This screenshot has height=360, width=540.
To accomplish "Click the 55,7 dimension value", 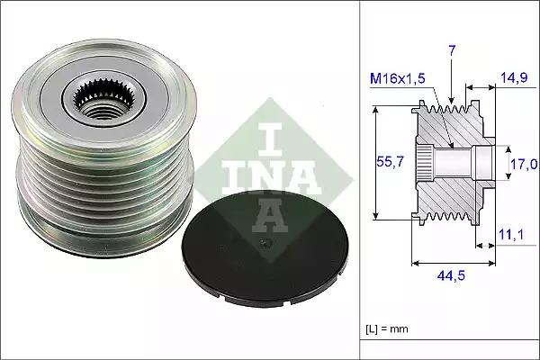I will pos(383,162).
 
